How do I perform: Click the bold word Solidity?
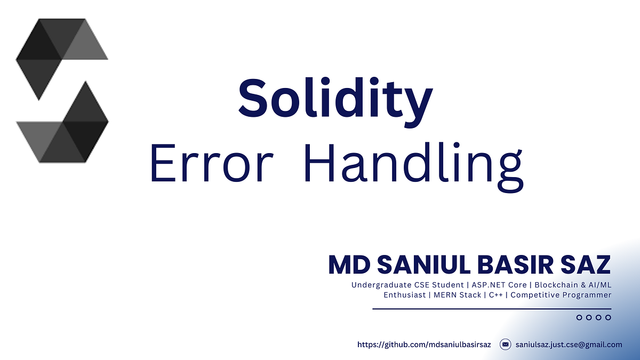(334, 100)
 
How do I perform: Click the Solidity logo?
(62, 90)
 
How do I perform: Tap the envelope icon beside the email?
(505, 345)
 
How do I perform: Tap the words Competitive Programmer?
(561, 295)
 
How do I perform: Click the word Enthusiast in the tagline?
(404, 295)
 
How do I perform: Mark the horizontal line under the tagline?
(491, 309)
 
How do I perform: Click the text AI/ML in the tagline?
(599, 285)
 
